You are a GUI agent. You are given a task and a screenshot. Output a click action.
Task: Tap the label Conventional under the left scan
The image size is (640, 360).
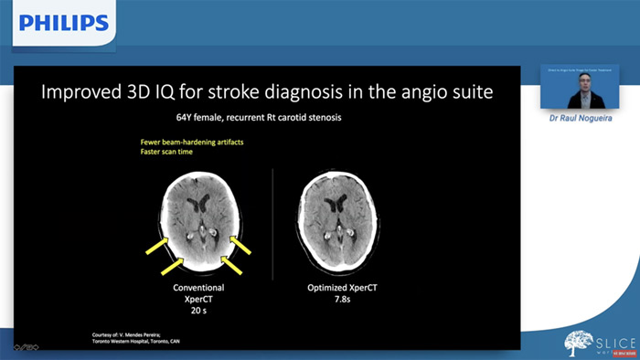198,288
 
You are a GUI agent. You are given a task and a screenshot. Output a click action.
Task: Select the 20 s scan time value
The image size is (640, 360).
198,311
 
